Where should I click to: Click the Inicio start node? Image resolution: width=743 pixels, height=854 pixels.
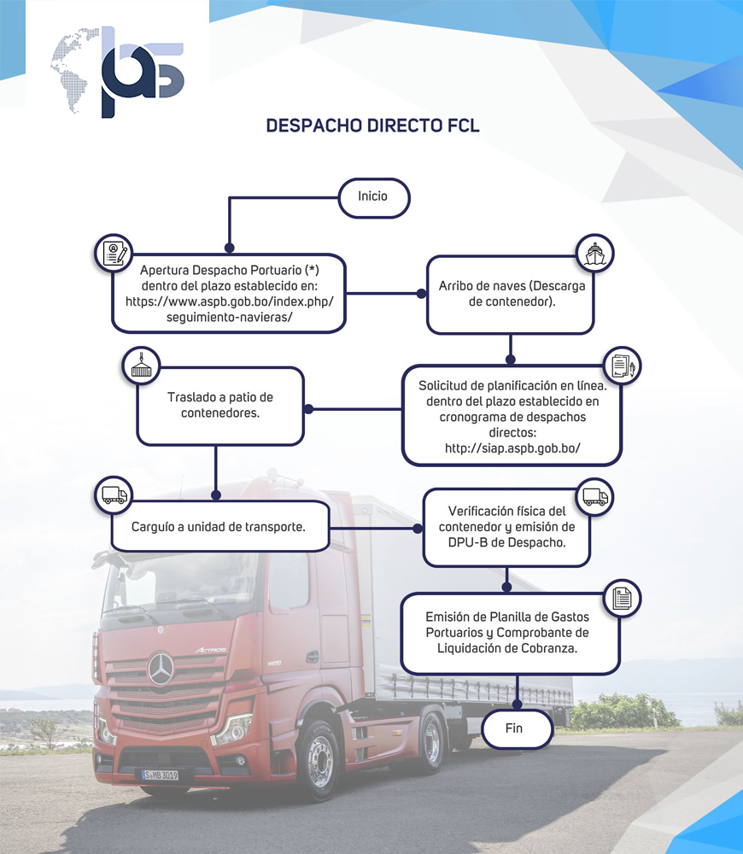click(x=373, y=197)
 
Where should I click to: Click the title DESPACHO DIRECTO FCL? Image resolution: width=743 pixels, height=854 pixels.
click(x=372, y=126)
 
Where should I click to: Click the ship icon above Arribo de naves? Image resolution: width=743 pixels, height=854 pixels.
click(x=594, y=254)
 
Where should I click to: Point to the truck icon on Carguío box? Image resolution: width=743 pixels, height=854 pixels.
click(x=114, y=495)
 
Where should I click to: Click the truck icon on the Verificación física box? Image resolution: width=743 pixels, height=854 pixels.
click(x=594, y=496)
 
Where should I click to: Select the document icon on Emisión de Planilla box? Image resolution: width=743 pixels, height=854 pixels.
click(x=623, y=598)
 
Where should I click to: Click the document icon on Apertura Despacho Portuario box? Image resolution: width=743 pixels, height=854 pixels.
click(x=114, y=253)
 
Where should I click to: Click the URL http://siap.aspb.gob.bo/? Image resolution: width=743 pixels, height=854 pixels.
click(x=512, y=447)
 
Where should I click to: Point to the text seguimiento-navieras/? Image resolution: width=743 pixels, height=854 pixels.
click(x=230, y=318)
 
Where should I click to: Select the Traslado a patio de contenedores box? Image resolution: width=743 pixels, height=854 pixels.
click(x=219, y=406)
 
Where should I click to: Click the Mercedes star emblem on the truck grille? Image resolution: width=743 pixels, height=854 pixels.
click(x=160, y=669)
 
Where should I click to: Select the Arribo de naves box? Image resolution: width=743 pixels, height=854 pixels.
click(x=510, y=295)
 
